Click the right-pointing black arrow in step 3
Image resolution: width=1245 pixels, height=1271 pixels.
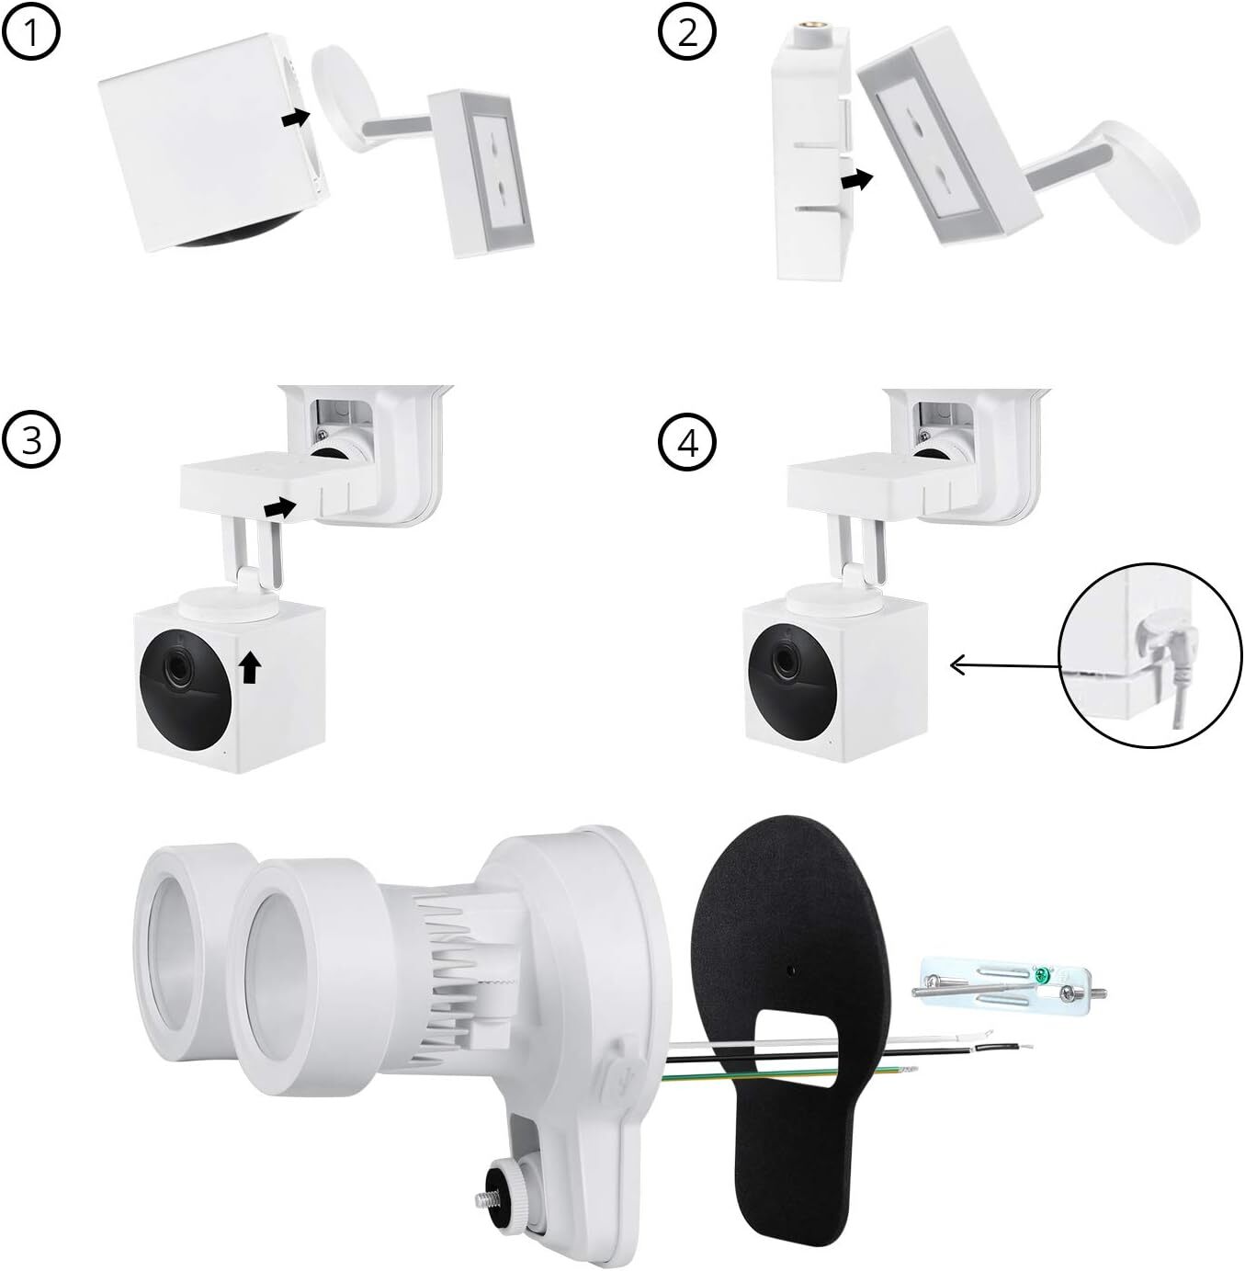(x=280, y=505)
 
